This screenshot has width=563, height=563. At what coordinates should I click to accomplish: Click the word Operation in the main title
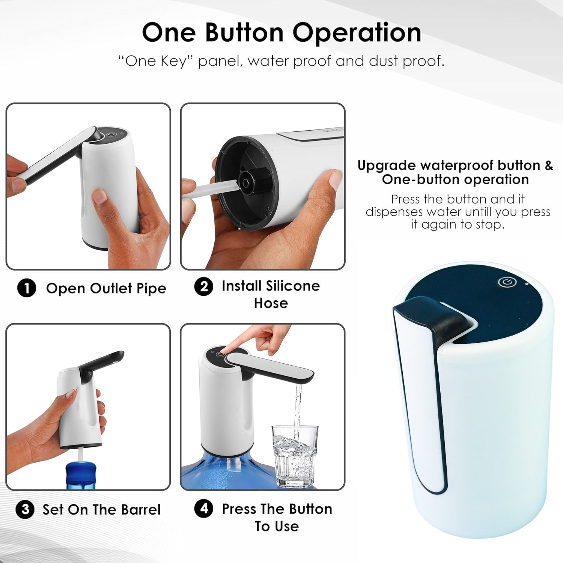[x=357, y=33]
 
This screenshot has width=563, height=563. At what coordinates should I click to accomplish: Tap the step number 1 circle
[x=27, y=288]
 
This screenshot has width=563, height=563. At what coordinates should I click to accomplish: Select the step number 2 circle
[x=203, y=287]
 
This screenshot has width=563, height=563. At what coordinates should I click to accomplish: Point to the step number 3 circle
[x=25, y=510]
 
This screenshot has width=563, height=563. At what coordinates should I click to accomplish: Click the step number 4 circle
[x=204, y=509]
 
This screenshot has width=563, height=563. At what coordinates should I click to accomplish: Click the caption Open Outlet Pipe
[x=106, y=288]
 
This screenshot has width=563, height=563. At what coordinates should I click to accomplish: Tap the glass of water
[x=295, y=456]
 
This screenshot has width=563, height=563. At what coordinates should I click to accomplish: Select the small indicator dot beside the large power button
[x=527, y=284]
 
